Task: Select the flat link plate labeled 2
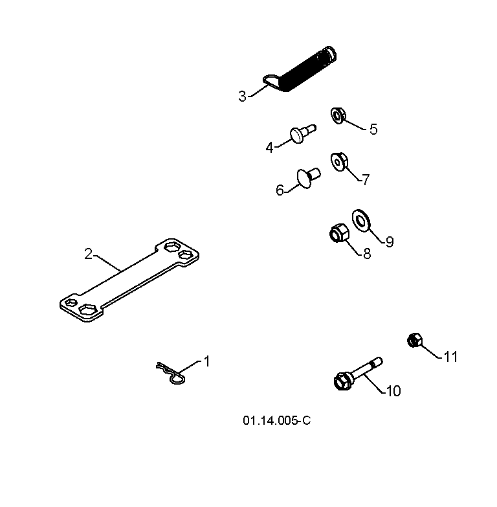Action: (129, 280)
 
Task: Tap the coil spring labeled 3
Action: (300, 69)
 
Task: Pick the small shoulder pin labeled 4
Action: (302, 133)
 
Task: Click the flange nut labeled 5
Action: (338, 115)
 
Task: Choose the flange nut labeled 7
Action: (339, 162)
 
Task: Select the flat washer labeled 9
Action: (361, 221)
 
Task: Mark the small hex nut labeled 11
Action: (415, 340)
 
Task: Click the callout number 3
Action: (242, 96)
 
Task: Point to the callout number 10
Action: (393, 391)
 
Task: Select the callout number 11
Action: (451, 357)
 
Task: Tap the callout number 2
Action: (88, 254)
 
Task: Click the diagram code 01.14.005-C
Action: (276, 421)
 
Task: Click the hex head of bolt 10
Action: (342, 381)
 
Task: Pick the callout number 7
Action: (366, 179)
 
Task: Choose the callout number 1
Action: (207, 361)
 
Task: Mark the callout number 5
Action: (373, 130)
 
